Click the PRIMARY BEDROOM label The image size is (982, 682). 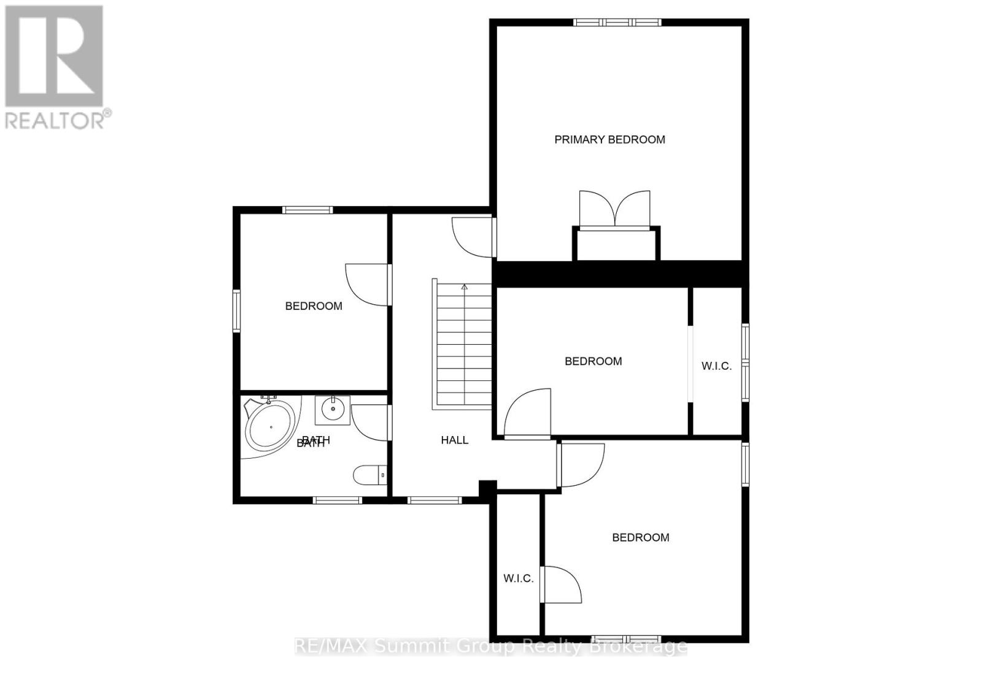click(609, 140)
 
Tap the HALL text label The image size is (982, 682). click(454, 440)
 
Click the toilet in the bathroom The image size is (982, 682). click(369, 475)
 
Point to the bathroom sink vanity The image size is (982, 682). click(333, 410)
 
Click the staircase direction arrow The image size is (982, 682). click(465, 287)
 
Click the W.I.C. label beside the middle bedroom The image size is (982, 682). click(716, 366)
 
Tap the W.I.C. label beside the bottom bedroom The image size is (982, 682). click(518, 578)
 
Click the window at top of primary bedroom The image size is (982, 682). click(617, 23)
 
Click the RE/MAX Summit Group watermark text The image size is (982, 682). click(491, 646)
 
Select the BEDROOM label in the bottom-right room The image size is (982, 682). click(640, 538)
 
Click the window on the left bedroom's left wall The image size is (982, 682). click(236, 311)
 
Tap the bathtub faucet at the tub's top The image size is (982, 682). click(268, 399)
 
